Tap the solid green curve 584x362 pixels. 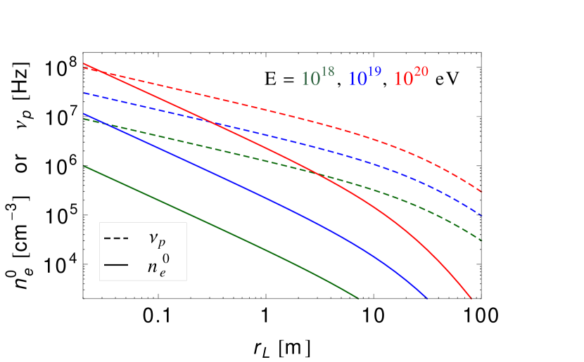click(211, 225)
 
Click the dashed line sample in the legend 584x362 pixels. click(116, 239)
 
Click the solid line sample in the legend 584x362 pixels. click(116, 265)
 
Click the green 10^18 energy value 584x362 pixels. click(315, 79)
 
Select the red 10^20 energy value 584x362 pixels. click(411, 79)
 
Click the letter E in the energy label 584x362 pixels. click(271, 79)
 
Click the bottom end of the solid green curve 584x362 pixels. click(359, 298)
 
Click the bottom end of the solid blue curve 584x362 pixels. click(427, 298)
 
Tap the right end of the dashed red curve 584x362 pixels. click(481, 191)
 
